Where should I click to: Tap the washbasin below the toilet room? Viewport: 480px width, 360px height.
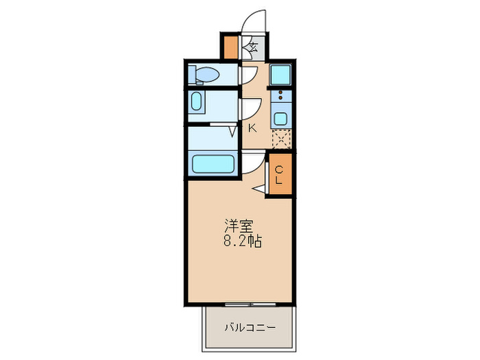point(197,103)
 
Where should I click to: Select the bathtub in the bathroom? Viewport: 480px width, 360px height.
point(213,164)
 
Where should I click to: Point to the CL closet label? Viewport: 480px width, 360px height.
point(279,175)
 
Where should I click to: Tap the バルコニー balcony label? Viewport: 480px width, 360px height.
point(250,328)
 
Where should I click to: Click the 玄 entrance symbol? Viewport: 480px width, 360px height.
point(252,48)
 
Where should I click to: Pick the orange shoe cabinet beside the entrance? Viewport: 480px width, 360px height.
point(230,47)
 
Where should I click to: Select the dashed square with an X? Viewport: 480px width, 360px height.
point(281,139)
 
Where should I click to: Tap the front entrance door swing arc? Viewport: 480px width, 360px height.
point(254,19)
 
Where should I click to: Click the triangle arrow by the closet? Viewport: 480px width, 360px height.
point(259,187)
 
